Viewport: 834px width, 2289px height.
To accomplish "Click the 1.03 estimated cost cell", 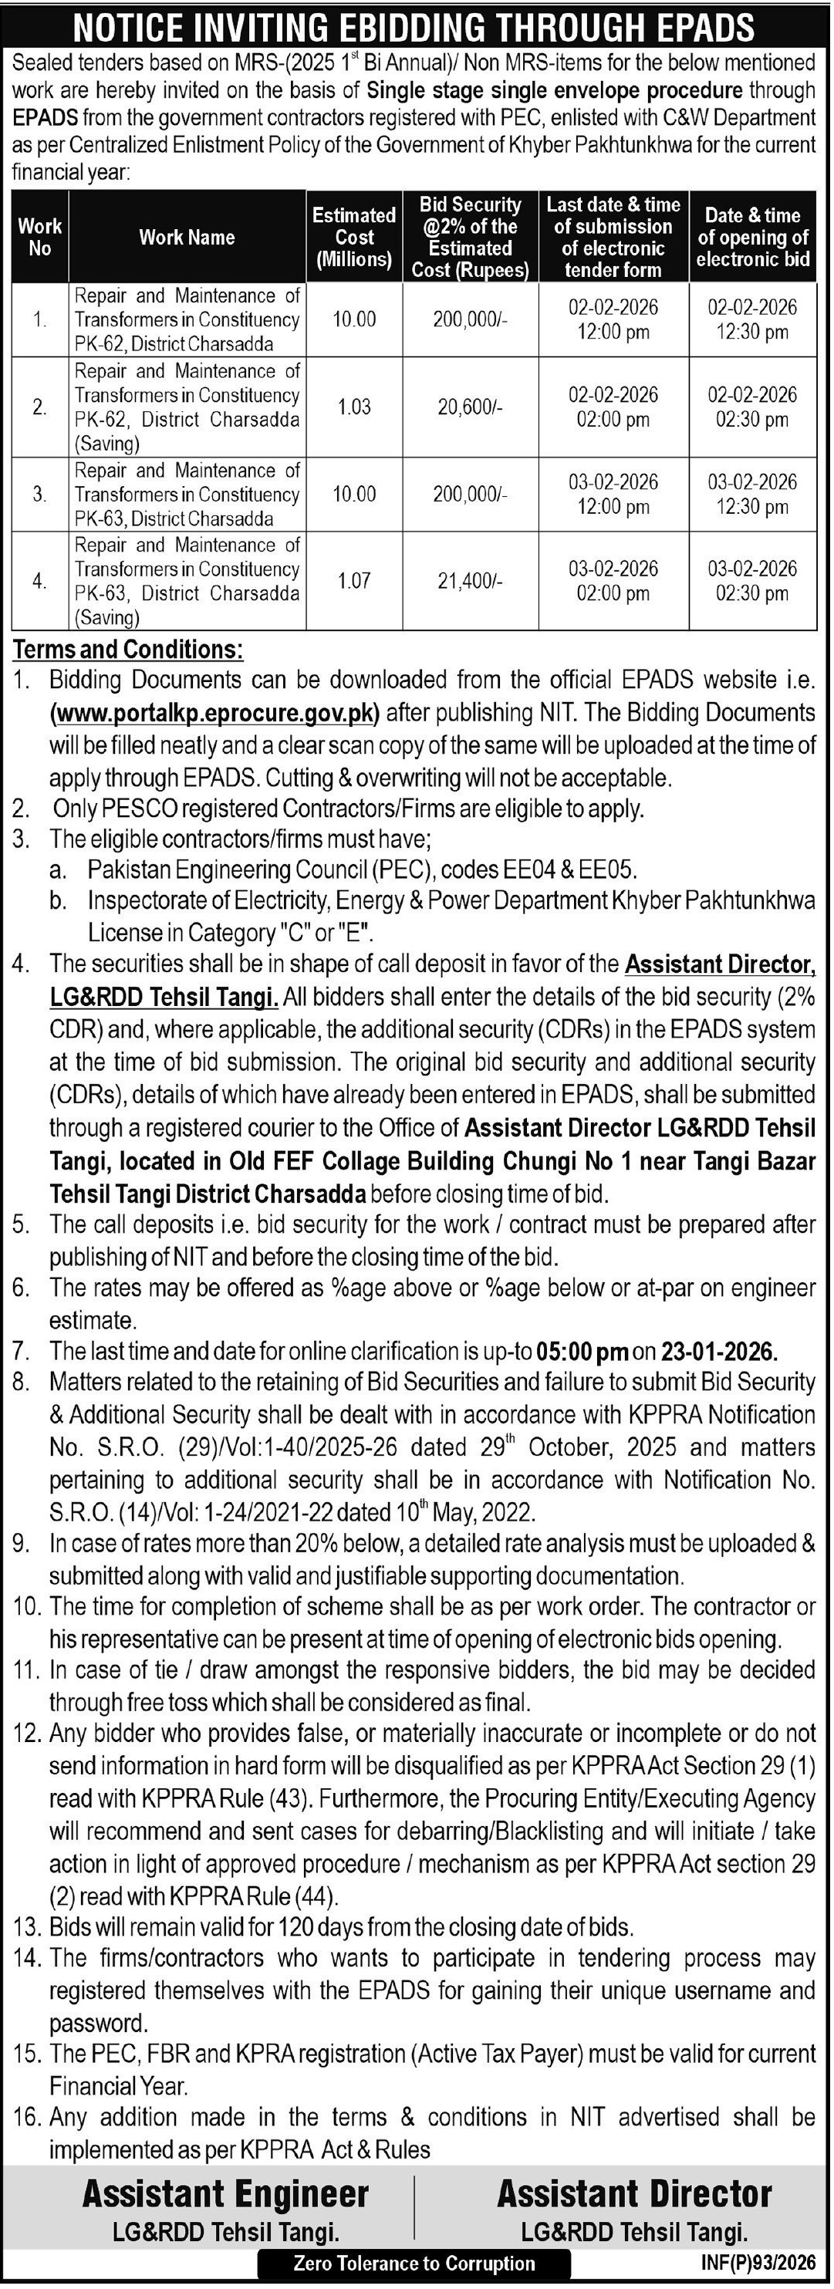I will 353,407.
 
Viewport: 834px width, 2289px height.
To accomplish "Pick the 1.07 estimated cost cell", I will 353,580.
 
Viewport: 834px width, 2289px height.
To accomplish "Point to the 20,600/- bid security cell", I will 470,407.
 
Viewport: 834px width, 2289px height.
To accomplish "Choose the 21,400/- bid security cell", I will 470,580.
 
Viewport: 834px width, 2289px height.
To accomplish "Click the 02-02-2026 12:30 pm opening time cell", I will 752,320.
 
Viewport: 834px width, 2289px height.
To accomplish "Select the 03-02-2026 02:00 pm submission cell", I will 613,580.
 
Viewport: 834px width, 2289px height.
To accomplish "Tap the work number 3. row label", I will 40,494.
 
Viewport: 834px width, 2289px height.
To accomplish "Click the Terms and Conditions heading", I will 128,650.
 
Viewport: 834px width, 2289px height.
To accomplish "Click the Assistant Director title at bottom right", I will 634,2194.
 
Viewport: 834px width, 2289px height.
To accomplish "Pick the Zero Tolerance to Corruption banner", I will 415,2264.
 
